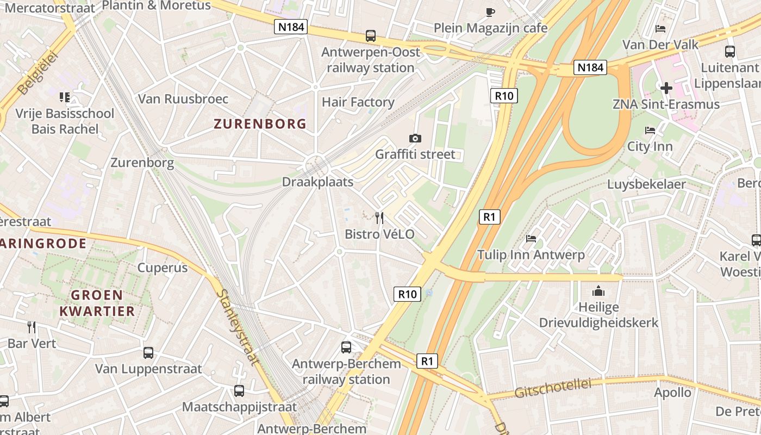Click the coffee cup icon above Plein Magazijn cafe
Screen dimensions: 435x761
pos(490,12)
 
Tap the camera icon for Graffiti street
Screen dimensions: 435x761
pos(415,138)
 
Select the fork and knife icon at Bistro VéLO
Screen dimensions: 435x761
pos(379,218)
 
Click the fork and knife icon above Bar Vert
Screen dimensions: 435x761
pos(32,327)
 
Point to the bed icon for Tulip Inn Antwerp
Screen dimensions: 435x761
pos(531,239)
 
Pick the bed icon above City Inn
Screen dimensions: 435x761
pos(650,130)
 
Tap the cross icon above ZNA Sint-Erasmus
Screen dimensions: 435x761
pos(666,88)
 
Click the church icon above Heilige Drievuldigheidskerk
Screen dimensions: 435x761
pos(598,291)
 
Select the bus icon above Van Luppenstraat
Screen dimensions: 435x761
pos(148,352)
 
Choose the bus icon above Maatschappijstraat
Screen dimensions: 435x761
pos(239,390)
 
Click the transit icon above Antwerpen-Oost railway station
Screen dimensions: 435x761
pos(371,36)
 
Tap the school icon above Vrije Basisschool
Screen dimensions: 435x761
pos(65,97)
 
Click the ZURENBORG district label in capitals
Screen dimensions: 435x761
pos(260,124)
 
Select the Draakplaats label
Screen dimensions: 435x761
pos(317,182)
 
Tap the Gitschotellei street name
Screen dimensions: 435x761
pos(552,388)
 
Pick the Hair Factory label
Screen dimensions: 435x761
pos(358,102)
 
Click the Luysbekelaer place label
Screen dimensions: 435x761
pos(646,184)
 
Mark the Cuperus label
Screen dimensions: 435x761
pos(162,268)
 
